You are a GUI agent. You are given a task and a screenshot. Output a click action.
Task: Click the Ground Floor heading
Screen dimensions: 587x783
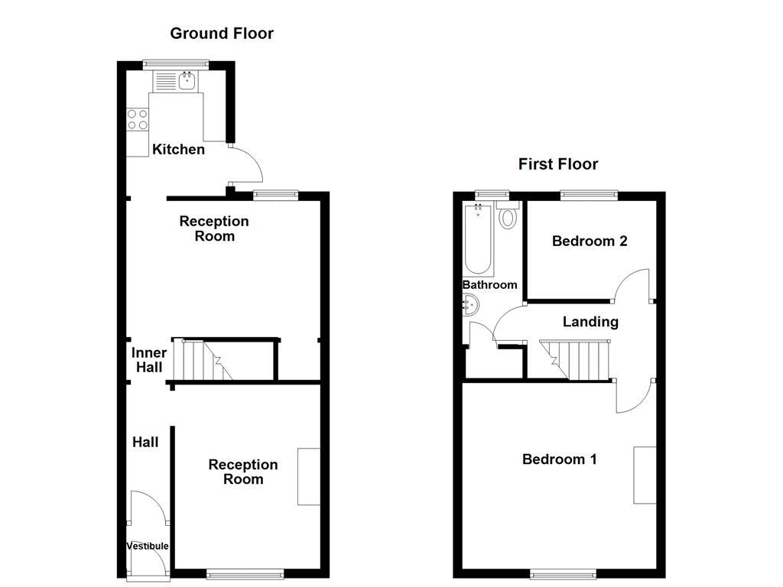click(222, 33)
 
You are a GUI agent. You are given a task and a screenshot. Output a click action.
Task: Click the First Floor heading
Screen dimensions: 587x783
click(558, 164)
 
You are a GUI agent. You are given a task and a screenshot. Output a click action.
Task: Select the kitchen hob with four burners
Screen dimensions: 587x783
click(138, 119)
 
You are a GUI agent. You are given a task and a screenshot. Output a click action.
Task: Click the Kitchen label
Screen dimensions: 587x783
click(178, 149)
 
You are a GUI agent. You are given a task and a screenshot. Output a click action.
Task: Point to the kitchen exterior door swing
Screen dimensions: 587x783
click(246, 162)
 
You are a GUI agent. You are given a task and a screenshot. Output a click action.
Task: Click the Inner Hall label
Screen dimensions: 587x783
click(148, 360)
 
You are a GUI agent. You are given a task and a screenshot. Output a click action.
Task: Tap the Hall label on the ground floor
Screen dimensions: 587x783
click(145, 442)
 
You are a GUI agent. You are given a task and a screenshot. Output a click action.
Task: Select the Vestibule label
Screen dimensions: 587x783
click(148, 546)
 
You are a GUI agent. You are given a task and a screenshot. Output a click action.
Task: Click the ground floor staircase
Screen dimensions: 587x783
click(203, 360)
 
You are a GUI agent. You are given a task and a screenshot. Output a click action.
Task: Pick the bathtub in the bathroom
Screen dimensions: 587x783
click(478, 239)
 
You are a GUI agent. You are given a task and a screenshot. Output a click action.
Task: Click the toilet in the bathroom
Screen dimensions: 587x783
click(507, 216)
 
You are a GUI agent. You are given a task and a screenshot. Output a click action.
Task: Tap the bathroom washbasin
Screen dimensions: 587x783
click(470, 306)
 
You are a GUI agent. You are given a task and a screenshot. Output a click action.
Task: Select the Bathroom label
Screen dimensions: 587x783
click(489, 284)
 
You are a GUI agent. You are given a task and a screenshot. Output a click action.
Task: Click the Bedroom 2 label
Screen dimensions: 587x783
click(590, 242)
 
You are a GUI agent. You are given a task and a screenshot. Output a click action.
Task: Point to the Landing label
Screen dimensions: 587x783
click(590, 322)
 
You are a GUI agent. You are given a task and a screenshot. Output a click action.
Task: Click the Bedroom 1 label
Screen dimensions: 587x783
click(559, 459)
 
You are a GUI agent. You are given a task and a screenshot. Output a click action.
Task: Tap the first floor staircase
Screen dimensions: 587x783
click(575, 359)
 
